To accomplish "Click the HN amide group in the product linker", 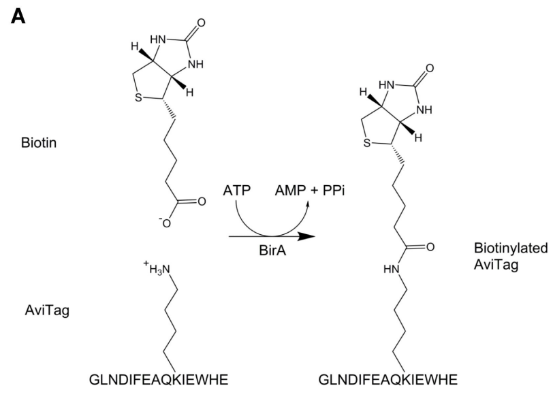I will [390, 268].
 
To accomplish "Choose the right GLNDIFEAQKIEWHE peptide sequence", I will [387, 379].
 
